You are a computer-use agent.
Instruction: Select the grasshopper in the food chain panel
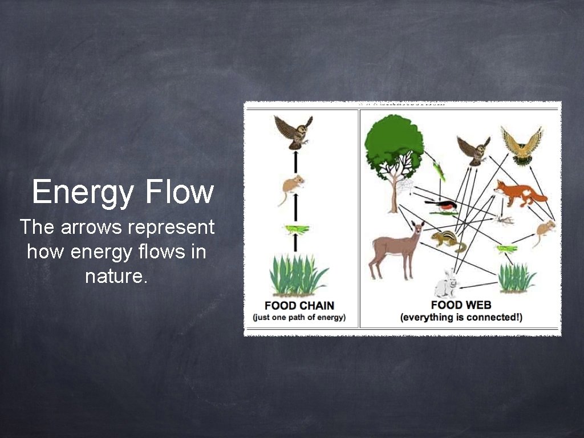coord(297,229)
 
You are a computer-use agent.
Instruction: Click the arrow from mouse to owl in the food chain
coord(295,163)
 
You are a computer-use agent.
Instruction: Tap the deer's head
coord(417,229)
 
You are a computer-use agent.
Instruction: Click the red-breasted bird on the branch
coord(442,206)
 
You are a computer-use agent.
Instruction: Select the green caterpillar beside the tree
coord(438,170)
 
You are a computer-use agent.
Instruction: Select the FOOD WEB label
coord(461,305)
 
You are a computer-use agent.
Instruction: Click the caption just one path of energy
coord(299,317)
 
